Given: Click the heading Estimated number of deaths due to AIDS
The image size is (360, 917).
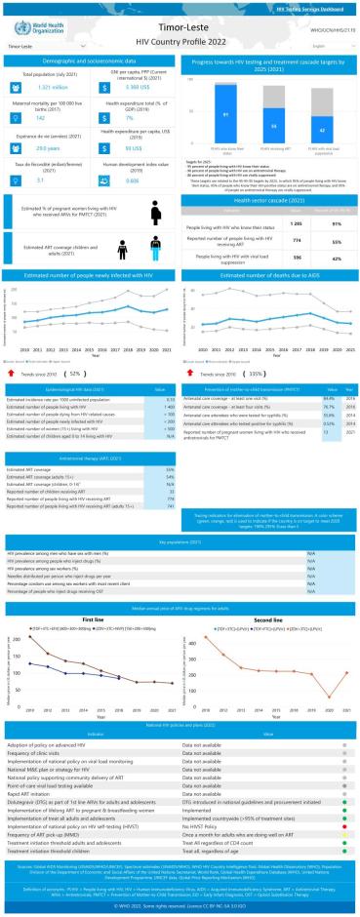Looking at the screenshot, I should (270, 276).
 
